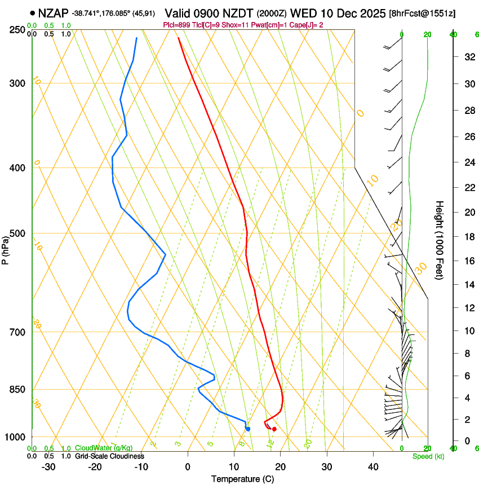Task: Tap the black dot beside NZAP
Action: click(x=33, y=13)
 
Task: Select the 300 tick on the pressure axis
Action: click(x=18, y=83)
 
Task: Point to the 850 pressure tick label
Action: click(x=18, y=390)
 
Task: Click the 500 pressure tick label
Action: click(x=18, y=233)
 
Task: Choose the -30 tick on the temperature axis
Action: click(x=48, y=467)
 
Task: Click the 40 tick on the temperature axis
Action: click(x=372, y=467)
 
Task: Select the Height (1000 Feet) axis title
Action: click(x=440, y=240)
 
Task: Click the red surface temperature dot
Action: click(x=274, y=429)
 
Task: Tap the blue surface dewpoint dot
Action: click(x=248, y=429)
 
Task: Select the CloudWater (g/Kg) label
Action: click(x=104, y=448)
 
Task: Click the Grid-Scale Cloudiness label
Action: click(x=109, y=456)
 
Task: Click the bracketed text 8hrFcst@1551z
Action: click(x=423, y=13)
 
